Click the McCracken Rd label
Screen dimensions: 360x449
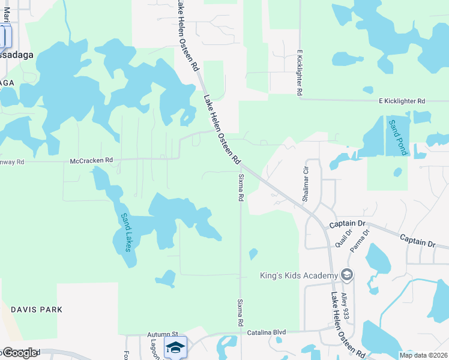click(91, 161)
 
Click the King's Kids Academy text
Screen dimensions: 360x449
click(298, 275)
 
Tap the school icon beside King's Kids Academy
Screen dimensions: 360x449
click(346, 275)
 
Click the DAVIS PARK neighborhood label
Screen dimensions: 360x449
click(37, 310)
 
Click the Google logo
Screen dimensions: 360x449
click(20, 353)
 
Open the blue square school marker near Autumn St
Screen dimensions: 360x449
click(175, 347)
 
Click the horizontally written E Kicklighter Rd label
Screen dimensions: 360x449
click(402, 101)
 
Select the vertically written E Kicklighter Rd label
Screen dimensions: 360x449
click(298, 73)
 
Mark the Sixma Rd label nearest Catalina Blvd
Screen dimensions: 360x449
click(240, 313)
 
